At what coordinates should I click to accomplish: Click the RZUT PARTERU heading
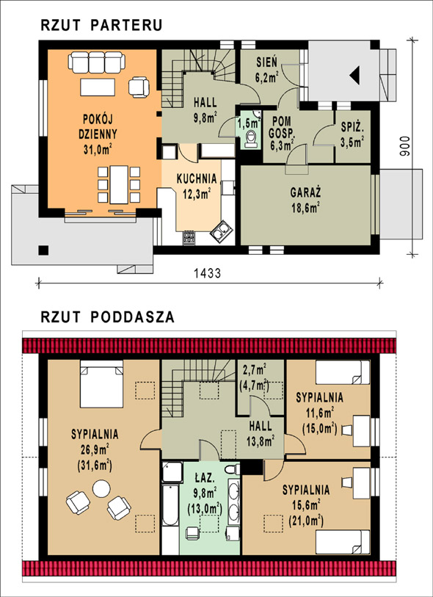101,25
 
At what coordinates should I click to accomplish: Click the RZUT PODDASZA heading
108,316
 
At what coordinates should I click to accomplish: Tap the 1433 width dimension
208,273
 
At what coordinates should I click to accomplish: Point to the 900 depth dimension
405,147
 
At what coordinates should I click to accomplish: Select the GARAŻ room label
305,192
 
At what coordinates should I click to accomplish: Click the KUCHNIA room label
197,178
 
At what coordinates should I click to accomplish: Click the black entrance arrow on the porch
354,75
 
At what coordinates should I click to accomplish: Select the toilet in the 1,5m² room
251,139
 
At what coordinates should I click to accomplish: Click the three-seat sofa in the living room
97,62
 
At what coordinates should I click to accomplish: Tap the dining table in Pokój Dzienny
119,184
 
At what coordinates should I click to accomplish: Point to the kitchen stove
189,238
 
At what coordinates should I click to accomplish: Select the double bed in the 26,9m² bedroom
101,384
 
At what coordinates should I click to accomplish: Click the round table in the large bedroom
101,488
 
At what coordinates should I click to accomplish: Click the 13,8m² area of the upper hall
261,441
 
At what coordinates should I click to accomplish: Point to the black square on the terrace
43,250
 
